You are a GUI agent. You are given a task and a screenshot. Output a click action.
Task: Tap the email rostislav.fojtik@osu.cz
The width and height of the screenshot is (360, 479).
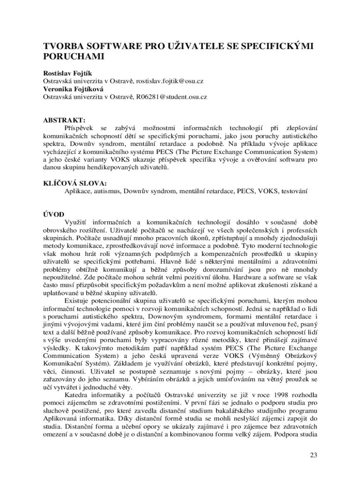[170, 81]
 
